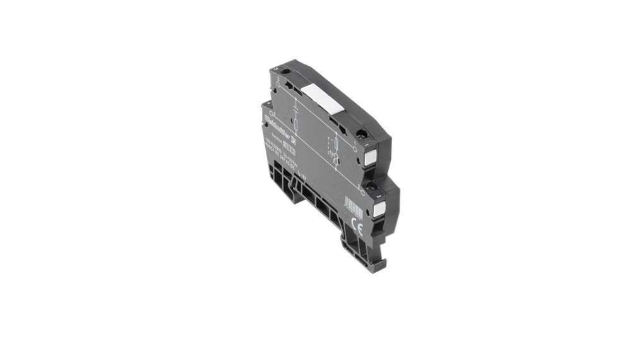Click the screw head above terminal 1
361,133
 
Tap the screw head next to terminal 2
373,186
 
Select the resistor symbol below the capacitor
296,121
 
